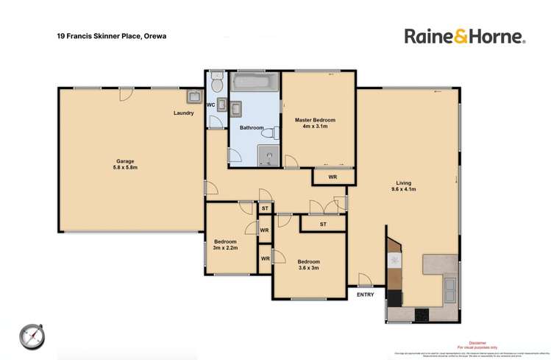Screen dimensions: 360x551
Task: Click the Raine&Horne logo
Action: click(463, 36)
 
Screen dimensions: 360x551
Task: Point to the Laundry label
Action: click(183, 113)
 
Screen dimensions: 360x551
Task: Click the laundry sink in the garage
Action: click(195, 96)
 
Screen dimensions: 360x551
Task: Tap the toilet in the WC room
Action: click(216, 78)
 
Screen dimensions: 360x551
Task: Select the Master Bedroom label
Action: click(315, 120)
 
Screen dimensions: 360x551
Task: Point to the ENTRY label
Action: click(365, 294)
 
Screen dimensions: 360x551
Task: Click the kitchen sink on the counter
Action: click(450, 289)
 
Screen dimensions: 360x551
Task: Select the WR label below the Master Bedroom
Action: click(333, 177)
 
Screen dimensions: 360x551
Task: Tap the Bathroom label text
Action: click(252, 127)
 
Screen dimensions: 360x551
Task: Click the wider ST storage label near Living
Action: click(323, 224)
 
